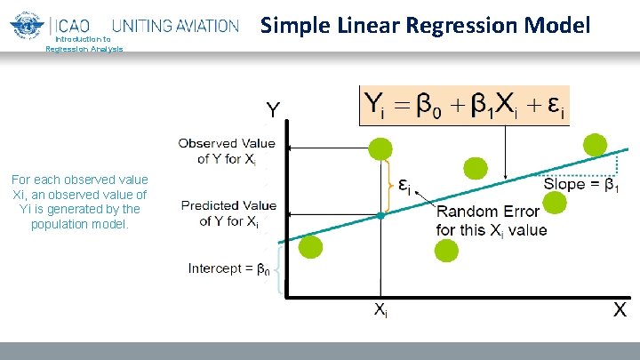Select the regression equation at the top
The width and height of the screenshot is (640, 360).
click(464, 107)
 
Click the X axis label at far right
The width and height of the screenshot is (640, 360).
click(620, 310)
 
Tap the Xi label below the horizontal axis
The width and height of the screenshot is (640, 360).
click(379, 311)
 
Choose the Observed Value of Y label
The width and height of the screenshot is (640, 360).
click(227, 150)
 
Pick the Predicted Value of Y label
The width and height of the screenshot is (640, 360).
click(228, 213)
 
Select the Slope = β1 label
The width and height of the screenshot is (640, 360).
click(581, 184)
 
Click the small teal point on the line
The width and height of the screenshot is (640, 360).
click(380, 215)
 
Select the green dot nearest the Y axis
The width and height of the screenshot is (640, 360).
click(310, 248)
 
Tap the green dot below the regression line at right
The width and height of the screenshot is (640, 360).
click(554, 203)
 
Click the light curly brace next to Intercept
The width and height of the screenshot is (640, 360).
click(284, 270)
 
